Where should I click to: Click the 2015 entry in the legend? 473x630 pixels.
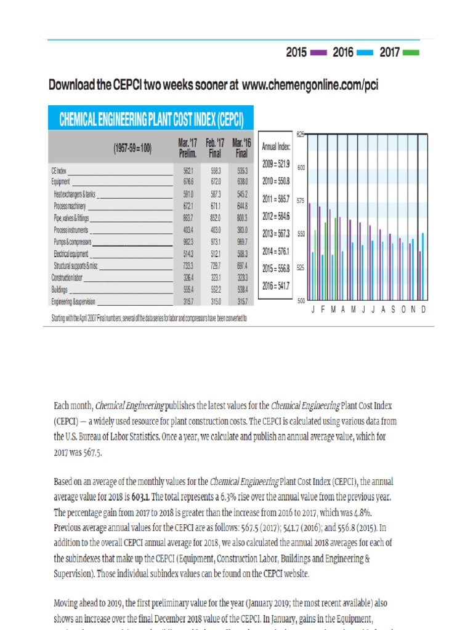coord(305,53)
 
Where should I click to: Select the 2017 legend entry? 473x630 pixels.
coord(399,53)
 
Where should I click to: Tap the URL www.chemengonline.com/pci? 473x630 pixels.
coord(310,86)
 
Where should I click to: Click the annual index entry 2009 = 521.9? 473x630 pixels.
coord(275,165)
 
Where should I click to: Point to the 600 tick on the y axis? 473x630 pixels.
coord(301,167)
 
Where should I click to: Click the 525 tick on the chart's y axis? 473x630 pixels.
coord(301,268)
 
